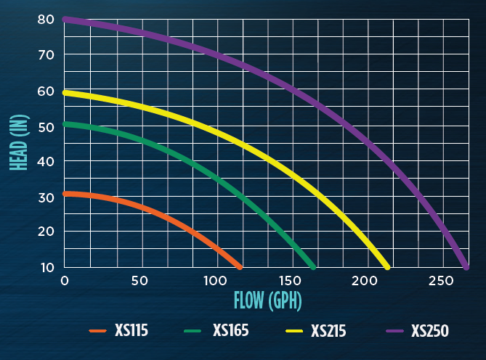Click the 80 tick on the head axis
pyautogui.click(x=46, y=20)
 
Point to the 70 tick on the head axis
pyautogui.click(x=46, y=55)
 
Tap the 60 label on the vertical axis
pyautogui.click(x=46, y=91)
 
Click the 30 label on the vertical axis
pyautogui.click(x=46, y=197)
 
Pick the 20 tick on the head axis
pyautogui.click(x=46, y=232)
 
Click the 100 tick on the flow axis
pyautogui.click(x=215, y=281)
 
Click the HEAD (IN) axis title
pyautogui.click(x=20, y=143)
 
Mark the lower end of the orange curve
pyautogui.click(x=239, y=266)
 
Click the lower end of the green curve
pyautogui.click(x=313, y=266)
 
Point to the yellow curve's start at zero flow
pyautogui.click(x=65, y=93)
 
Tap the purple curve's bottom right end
pyautogui.click(x=466, y=266)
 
